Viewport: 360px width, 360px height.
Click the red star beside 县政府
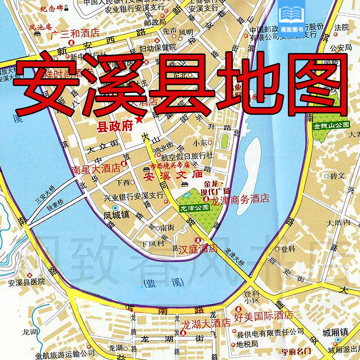[139, 120]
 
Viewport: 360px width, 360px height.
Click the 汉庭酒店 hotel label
[198, 248]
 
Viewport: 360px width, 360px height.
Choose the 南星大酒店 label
[96, 170]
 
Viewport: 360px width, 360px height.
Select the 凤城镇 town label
[117, 215]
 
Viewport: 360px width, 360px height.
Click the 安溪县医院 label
[27, 282]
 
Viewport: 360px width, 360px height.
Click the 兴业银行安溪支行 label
[127, 195]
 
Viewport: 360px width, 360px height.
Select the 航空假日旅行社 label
[187, 157]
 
